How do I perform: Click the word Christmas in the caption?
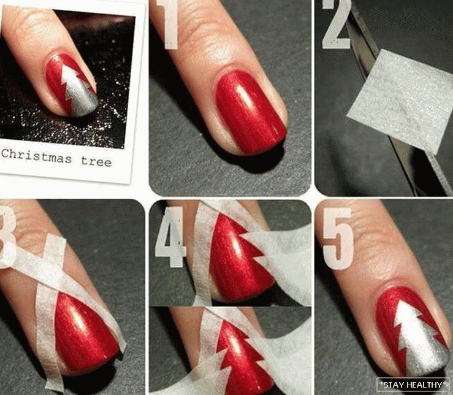coord(36,156)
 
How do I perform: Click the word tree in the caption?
coord(96,161)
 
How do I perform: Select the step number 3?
coord(7,238)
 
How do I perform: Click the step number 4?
coord(171,237)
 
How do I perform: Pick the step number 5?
coord(338,238)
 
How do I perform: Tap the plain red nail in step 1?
coord(251,112)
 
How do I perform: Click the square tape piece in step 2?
coord(400,98)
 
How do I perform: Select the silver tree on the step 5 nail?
coord(418,339)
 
